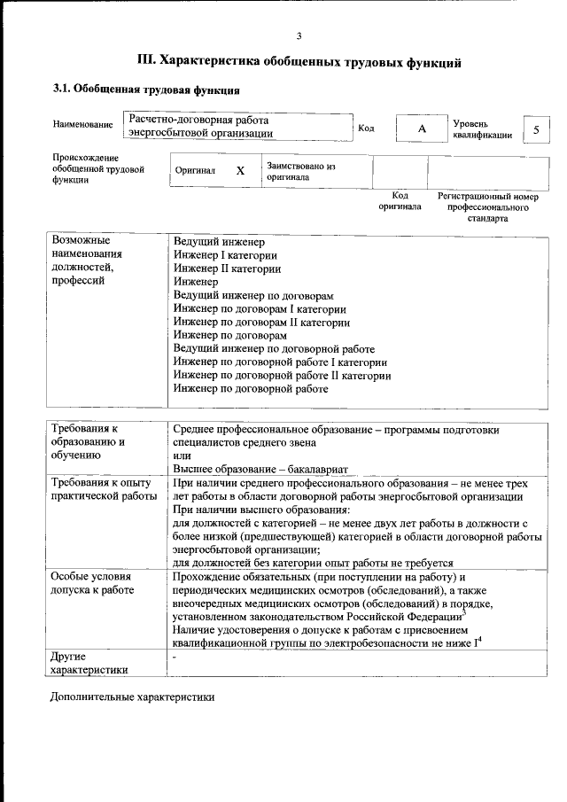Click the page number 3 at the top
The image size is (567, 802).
[299, 35]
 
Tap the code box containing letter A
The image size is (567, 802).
[422, 129]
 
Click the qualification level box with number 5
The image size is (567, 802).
[535, 129]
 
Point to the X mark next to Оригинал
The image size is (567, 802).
[240, 170]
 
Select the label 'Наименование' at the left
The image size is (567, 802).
[82, 125]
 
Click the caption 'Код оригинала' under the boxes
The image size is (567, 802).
[400, 200]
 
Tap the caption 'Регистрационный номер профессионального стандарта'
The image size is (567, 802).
[488, 206]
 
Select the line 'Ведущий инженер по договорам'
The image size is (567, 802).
[253, 295]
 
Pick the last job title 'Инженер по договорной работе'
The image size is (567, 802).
[257, 388]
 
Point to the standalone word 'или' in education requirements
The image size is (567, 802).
[181, 456]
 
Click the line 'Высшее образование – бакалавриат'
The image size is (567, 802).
[261, 469]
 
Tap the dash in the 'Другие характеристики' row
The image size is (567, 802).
[175, 658]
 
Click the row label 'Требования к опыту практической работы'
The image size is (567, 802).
[103, 489]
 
